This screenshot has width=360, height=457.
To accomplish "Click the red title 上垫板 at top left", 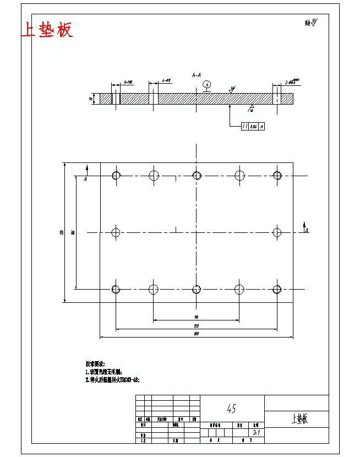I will [x=47, y=30].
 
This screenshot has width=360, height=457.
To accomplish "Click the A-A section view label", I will [x=197, y=74].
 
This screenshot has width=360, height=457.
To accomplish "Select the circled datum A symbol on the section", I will [x=206, y=84].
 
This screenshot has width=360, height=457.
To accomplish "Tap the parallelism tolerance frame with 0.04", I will [x=253, y=127].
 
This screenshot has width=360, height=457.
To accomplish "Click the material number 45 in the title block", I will [x=232, y=409].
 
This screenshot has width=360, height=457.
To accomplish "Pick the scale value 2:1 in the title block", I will [x=255, y=433].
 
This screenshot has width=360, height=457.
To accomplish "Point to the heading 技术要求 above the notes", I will [x=95, y=364].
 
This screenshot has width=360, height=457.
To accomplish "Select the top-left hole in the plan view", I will [x=116, y=176].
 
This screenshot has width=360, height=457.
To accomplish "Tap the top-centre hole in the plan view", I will [x=197, y=175].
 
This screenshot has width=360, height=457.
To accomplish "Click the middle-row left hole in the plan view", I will [x=116, y=232].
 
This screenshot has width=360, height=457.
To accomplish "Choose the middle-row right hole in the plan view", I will [x=277, y=232].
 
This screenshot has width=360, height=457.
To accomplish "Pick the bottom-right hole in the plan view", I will [x=277, y=289].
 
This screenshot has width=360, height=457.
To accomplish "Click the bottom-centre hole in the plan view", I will [x=197, y=289].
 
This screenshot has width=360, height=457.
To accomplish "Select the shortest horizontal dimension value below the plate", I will [x=197, y=318].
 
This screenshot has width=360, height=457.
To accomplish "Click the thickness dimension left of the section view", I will [x=91, y=99].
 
